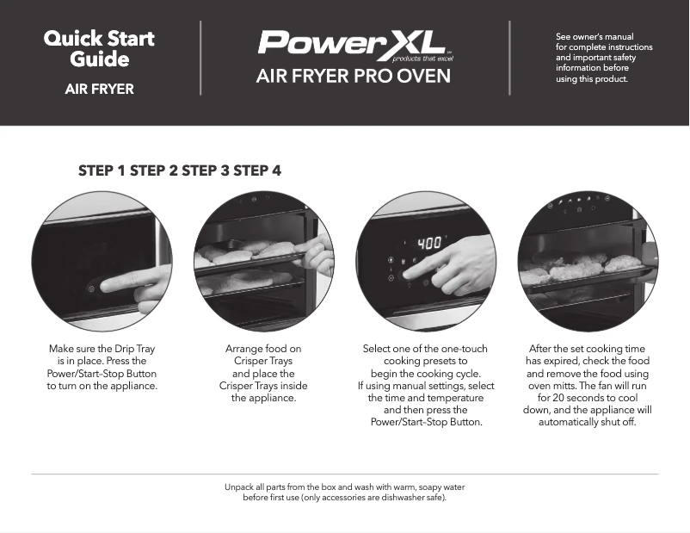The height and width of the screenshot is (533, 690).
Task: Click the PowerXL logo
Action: point(352,43)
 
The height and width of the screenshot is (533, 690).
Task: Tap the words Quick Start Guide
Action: point(99,49)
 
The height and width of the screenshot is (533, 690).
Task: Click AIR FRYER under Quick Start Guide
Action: point(100,89)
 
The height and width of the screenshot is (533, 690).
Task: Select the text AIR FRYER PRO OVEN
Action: point(353,77)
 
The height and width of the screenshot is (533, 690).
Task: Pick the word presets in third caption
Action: point(449,361)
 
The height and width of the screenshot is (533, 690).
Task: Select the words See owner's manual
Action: point(595,37)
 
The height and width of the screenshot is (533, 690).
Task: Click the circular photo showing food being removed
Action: point(588,261)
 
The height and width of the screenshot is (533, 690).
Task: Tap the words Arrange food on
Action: point(263,349)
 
